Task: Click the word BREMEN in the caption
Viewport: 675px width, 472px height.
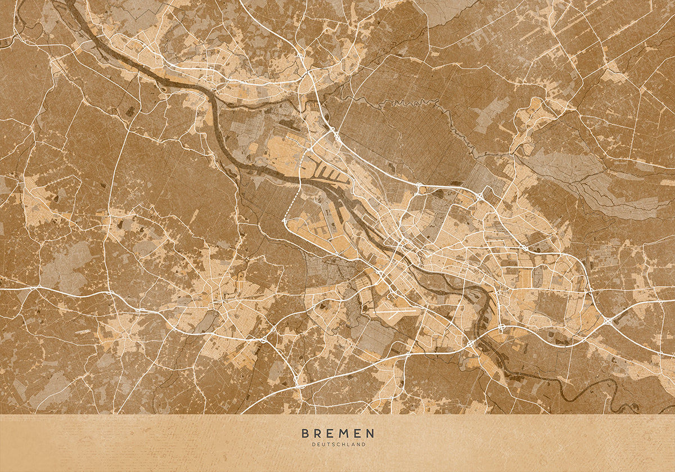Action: point(337,433)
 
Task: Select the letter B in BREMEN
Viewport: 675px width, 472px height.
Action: point(305,433)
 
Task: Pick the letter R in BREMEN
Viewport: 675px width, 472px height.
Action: point(318,433)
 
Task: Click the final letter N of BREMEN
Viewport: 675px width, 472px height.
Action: point(370,433)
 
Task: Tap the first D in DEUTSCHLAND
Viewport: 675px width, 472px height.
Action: point(313,444)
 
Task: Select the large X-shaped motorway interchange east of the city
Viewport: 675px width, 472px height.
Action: point(609,321)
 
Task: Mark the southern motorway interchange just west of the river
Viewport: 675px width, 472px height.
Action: point(470,343)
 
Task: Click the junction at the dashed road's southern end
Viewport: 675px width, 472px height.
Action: point(285,223)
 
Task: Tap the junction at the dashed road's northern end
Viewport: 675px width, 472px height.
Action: point(308,150)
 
